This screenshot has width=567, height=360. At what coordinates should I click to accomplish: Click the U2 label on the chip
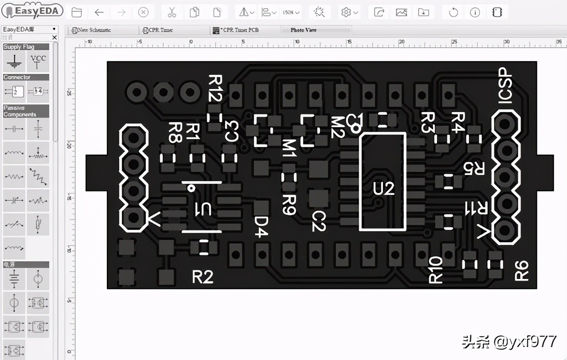pos(383,189)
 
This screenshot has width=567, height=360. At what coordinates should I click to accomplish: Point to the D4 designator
pos(261,227)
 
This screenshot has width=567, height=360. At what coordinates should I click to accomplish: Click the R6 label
pos(522,270)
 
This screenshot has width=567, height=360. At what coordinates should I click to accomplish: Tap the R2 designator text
pos(203,277)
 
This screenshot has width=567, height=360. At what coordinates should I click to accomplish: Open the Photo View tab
pos(304,30)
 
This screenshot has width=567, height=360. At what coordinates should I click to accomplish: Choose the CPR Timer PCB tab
pos(240,30)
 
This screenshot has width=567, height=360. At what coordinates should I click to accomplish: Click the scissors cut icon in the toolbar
pos(172,12)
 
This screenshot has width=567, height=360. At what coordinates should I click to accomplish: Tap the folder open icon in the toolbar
pos(76,12)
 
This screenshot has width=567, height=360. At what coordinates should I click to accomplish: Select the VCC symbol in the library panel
pos(38,62)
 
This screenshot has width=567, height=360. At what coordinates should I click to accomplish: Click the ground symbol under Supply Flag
pos(14,62)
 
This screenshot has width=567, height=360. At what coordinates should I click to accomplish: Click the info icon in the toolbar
pos(475,12)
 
